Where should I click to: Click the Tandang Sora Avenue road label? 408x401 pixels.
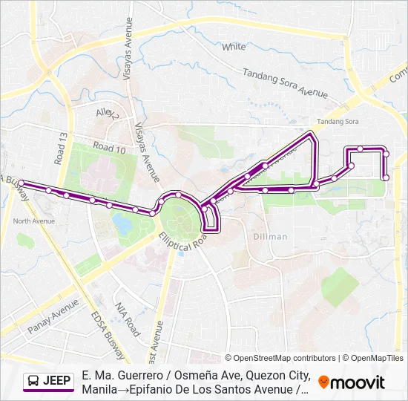(x=286, y=83)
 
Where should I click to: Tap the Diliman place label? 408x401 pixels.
(x=269, y=236)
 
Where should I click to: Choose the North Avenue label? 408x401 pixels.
(x=34, y=221)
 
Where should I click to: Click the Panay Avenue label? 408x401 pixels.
(x=53, y=316)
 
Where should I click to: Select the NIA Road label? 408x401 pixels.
(x=127, y=319)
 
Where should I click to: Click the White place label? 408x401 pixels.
(x=234, y=46)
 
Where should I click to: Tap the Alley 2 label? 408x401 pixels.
(x=108, y=114)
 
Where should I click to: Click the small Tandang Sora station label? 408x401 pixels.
(x=338, y=121)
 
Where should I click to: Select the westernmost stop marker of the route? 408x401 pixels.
(x=22, y=183)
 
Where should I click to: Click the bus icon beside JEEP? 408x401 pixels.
(x=34, y=381)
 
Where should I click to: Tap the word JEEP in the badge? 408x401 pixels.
(x=58, y=381)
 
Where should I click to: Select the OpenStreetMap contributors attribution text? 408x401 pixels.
(x=280, y=358)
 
